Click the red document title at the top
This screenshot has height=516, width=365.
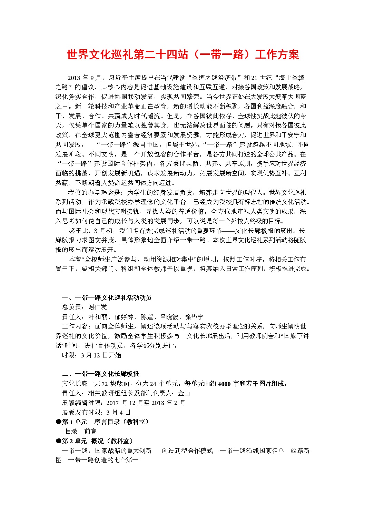[182, 55]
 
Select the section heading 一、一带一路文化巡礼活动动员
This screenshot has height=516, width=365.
[107, 297]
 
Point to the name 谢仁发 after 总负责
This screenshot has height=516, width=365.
[98, 307]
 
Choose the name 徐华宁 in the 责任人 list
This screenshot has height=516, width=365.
[194, 317]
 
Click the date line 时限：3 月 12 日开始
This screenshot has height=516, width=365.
[92, 355]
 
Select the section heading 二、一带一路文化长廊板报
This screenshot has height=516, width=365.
[100, 374]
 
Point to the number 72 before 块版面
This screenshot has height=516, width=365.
[105, 384]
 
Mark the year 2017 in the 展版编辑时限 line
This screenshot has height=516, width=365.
[112, 403]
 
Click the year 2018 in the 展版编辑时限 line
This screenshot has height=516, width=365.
[157, 403]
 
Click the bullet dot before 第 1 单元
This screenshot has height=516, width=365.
[58, 422]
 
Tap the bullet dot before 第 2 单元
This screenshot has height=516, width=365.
[58, 441]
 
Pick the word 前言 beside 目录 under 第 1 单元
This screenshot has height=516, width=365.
[90, 432]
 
